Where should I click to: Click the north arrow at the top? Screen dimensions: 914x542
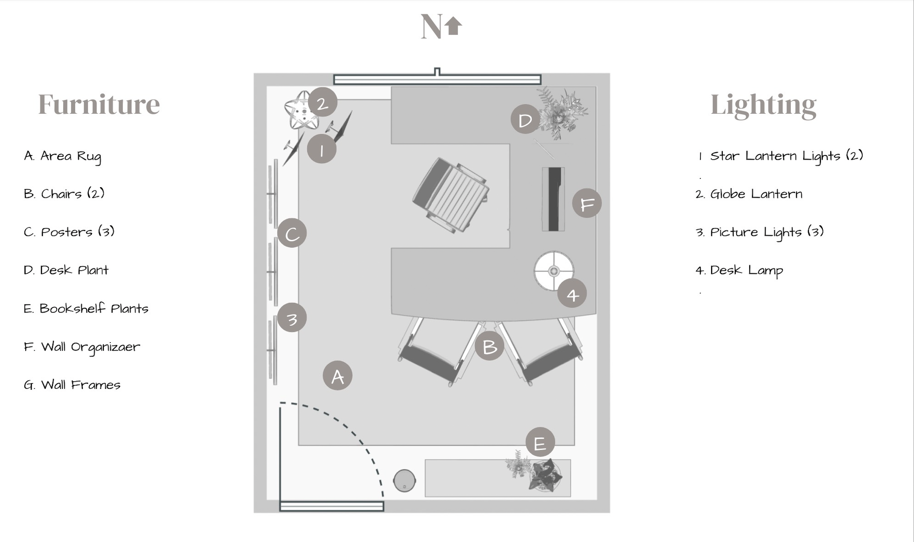point(453,26)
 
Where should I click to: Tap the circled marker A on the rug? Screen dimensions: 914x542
point(337,375)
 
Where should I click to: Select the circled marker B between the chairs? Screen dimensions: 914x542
point(489,346)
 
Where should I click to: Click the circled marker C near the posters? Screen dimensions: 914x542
point(292,233)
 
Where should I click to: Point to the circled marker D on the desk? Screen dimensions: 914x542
point(525,119)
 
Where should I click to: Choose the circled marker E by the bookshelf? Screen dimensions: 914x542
point(540,442)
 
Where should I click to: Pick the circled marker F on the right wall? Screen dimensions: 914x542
point(587,203)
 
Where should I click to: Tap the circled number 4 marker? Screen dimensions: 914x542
point(572,293)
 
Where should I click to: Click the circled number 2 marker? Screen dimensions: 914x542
point(322,102)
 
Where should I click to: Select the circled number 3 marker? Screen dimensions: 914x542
point(292,318)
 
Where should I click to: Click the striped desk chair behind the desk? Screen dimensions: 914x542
point(450,195)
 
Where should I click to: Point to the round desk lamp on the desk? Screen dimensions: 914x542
point(553,271)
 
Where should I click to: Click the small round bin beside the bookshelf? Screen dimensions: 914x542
point(404,481)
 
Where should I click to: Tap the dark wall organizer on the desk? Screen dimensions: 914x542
point(553,199)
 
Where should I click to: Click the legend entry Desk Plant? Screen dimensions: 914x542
point(66,270)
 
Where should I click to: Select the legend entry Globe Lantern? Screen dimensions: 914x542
point(749,194)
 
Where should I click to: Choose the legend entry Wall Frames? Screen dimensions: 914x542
point(72,385)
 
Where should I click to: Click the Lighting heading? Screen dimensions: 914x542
point(763,105)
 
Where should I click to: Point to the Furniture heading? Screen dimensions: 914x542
point(99,104)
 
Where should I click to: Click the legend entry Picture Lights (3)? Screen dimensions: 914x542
point(759,231)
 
